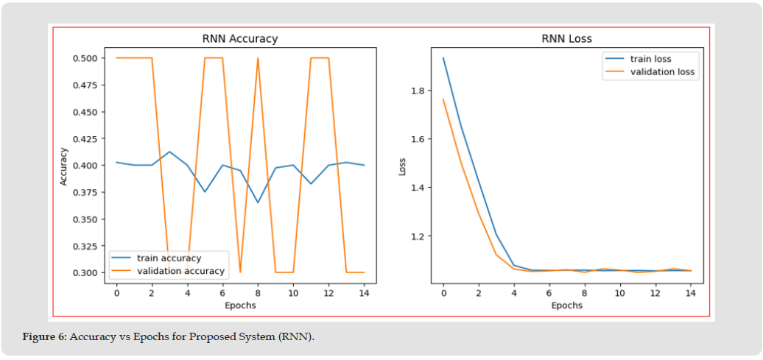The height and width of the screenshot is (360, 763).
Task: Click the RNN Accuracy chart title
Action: [239, 39]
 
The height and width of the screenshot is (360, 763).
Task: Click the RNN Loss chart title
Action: [567, 39]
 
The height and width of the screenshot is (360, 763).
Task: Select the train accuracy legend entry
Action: [169, 258]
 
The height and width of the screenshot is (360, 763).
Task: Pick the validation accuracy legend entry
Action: [180, 271]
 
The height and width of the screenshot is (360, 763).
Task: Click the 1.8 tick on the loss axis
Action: [418, 91]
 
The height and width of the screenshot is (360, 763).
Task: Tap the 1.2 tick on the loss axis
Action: [418, 236]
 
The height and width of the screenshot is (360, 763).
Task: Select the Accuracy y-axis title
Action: [64, 166]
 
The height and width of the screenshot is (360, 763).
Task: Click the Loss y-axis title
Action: [402, 166]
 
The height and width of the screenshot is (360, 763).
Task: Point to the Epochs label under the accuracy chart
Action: [239, 305]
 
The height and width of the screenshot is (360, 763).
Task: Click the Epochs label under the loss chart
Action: [567, 305]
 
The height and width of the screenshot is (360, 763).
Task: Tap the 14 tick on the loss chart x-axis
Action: [690, 293]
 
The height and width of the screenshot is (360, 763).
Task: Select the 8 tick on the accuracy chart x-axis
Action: [258, 293]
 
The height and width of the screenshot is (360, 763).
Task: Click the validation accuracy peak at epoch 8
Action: [258, 59]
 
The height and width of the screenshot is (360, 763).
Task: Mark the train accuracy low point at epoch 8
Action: [258, 202]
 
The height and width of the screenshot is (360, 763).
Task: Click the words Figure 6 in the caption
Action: [45, 336]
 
